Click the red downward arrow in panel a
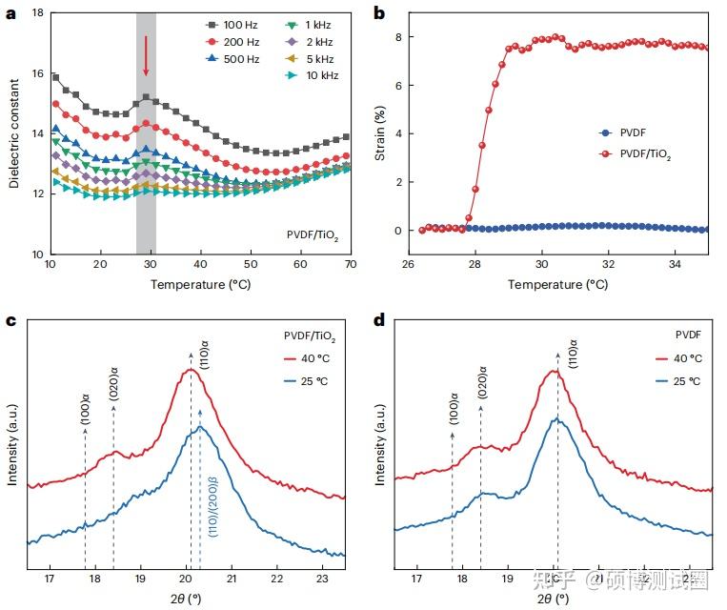pyautogui.click(x=146, y=55)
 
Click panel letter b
pyautogui.click(x=378, y=13)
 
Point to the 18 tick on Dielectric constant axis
pyautogui.click(x=37, y=13)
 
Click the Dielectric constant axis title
pyautogui.click(x=14, y=133)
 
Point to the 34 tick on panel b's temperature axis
pyautogui.click(x=675, y=264)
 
